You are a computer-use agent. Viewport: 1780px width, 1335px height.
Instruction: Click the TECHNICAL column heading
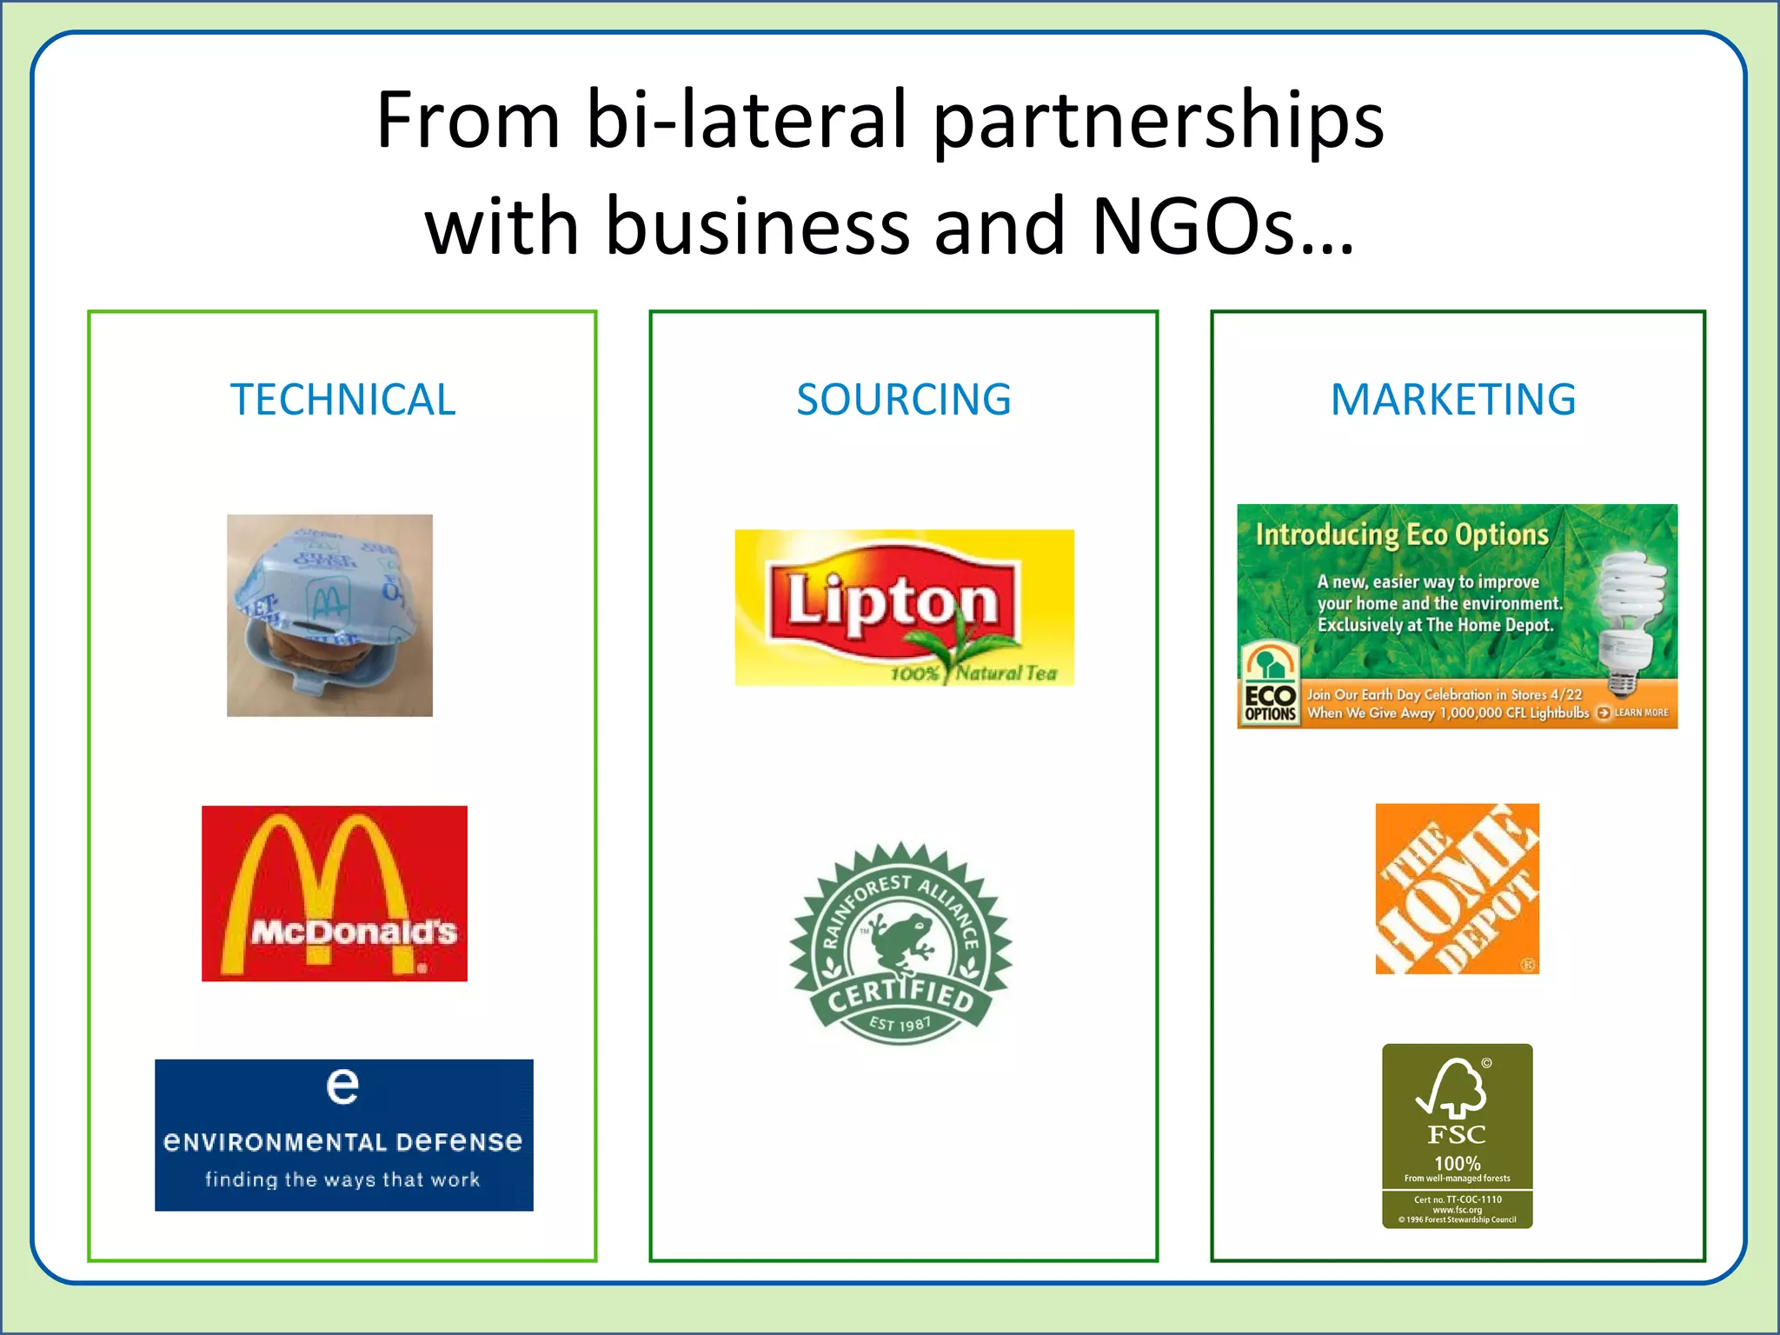(x=342, y=400)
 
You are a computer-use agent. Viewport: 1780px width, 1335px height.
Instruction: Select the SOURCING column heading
(x=903, y=400)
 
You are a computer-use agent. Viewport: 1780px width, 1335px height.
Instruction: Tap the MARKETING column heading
(x=1453, y=400)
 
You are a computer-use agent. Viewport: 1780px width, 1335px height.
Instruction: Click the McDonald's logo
(x=335, y=893)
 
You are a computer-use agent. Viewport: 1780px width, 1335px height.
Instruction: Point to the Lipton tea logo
(x=904, y=608)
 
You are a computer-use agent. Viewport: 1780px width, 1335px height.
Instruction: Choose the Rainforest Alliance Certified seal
(x=900, y=944)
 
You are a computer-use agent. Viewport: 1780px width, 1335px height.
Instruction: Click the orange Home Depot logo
(x=1457, y=888)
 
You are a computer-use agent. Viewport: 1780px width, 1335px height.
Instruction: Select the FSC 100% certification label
(x=1457, y=1135)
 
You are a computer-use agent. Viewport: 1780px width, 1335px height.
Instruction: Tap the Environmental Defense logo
(x=343, y=1134)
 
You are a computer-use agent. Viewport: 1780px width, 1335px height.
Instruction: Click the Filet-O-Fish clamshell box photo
(x=329, y=615)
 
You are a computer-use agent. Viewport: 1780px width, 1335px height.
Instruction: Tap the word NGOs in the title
(x=1222, y=226)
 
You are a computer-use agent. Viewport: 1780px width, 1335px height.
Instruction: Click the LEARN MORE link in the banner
(x=1634, y=713)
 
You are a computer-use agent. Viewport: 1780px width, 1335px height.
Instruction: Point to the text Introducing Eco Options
(x=1402, y=535)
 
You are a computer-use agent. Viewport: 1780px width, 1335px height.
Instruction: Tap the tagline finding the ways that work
(x=342, y=1179)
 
